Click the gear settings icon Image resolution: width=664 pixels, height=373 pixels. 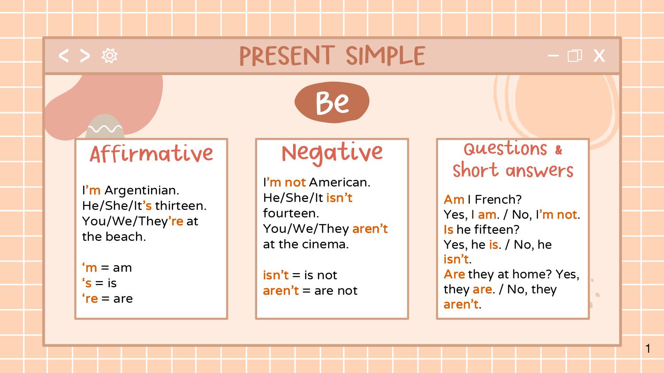click(109, 56)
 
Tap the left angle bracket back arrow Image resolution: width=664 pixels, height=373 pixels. click(64, 56)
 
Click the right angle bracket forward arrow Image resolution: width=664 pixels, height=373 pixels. click(85, 56)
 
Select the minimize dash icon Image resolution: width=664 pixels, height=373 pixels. click(553, 56)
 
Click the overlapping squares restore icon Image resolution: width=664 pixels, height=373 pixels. click(575, 56)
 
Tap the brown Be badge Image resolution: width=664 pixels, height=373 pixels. click(332, 103)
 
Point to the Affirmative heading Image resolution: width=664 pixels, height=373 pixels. click(151, 154)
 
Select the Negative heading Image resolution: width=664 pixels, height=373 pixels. click(332, 153)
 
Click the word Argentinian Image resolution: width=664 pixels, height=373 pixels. click(141, 190)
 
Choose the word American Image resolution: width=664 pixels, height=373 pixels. click(339, 183)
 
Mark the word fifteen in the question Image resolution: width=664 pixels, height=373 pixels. click(496, 230)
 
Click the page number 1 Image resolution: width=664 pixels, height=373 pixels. click(648, 349)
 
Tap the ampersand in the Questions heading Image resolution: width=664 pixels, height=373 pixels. click(559, 150)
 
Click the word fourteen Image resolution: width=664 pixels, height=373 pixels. click(290, 213)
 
